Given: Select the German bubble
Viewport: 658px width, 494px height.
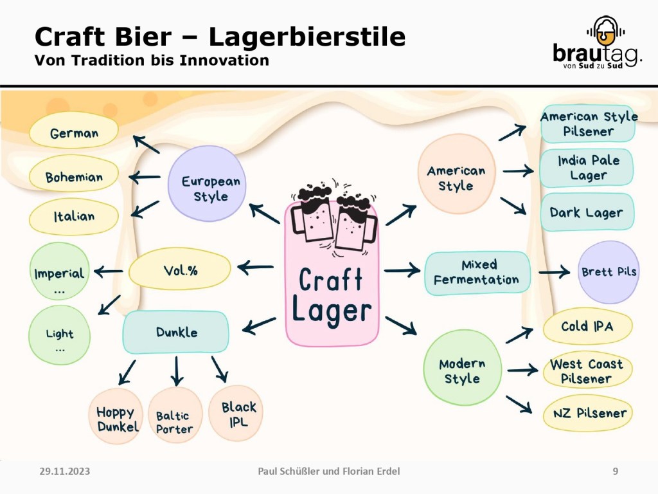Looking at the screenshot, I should [x=75, y=133].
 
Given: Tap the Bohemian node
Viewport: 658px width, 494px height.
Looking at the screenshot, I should [x=74, y=177].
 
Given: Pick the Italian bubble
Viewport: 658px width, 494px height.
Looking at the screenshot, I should [x=74, y=217].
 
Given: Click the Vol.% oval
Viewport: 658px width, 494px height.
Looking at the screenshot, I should [x=180, y=270].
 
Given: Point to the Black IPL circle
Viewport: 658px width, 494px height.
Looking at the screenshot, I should [x=236, y=413].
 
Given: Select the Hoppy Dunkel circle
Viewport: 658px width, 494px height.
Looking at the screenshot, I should [x=116, y=417].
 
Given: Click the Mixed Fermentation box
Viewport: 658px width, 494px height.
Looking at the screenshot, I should [x=477, y=273].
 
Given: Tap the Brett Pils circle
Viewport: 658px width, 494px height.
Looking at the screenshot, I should [x=609, y=272].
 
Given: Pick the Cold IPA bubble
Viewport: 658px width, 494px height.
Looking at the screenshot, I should [x=587, y=326].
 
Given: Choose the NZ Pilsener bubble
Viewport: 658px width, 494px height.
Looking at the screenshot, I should [x=590, y=413].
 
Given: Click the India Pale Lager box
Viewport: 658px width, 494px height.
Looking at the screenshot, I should [x=587, y=167].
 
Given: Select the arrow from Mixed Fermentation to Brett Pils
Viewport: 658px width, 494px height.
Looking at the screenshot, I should [x=554, y=272].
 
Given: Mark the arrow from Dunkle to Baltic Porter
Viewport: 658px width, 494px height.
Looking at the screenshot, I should [x=177, y=371].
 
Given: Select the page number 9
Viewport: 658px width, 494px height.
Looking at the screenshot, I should [x=616, y=471].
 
